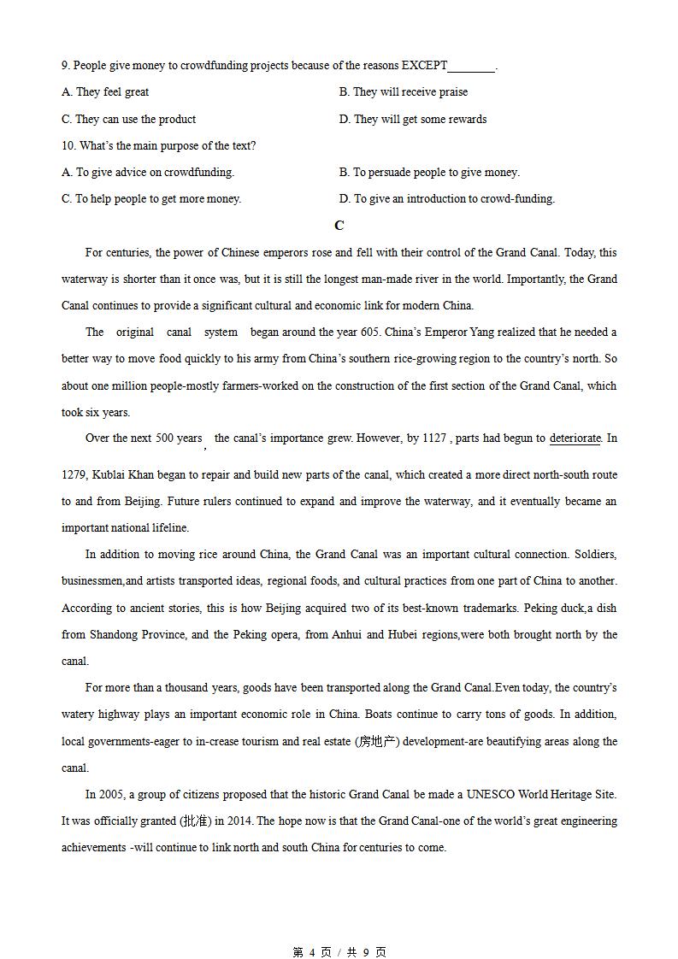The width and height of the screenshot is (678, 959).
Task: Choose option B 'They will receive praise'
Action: pyautogui.click(x=404, y=92)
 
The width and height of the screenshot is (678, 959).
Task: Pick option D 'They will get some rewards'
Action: pyautogui.click(x=413, y=120)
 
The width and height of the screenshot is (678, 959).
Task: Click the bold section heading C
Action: pyautogui.click(x=339, y=226)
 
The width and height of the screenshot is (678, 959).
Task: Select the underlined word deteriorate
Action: pyautogui.click(x=575, y=438)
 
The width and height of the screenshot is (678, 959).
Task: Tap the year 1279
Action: pyautogui.click(x=75, y=475)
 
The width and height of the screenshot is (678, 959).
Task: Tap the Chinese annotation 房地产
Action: pyautogui.click(x=377, y=742)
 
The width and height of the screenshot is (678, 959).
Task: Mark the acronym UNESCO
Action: pyautogui.click(x=475, y=795)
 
